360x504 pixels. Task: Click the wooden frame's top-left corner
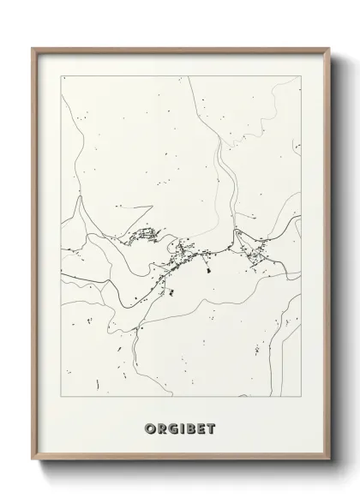33,48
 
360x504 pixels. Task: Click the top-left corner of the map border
61,76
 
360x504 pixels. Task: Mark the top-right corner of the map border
302,76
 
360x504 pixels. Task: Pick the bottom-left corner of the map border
61,391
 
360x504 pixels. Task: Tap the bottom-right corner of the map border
302,391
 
